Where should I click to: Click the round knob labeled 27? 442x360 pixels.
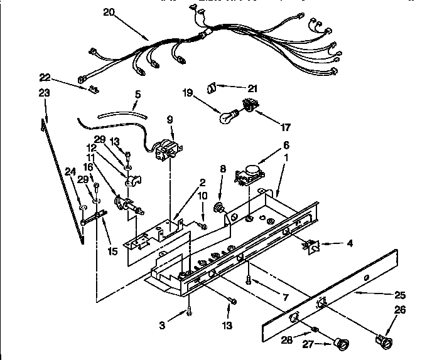tap(343, 342)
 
